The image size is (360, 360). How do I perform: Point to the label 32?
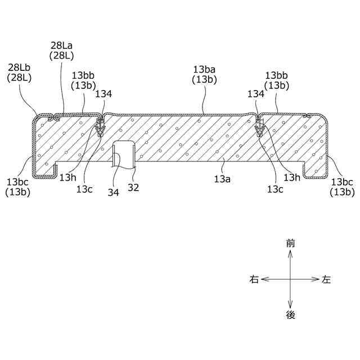[x=133, y=187]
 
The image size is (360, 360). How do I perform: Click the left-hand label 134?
[x=103, y=94]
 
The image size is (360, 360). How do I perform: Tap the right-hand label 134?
[x=255, y=94]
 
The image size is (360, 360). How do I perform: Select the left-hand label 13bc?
[x=19, y=182]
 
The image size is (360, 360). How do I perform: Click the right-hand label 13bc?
[x=343, y=182]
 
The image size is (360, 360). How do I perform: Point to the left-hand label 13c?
[x=84, y=188]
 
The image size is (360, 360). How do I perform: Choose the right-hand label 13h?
[x=292, y=178]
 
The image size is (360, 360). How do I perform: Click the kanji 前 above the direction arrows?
[x=290, y=244]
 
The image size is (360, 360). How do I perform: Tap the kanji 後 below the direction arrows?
[x=290, y=315]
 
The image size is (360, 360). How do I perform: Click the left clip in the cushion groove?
[x=100, y=129]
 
